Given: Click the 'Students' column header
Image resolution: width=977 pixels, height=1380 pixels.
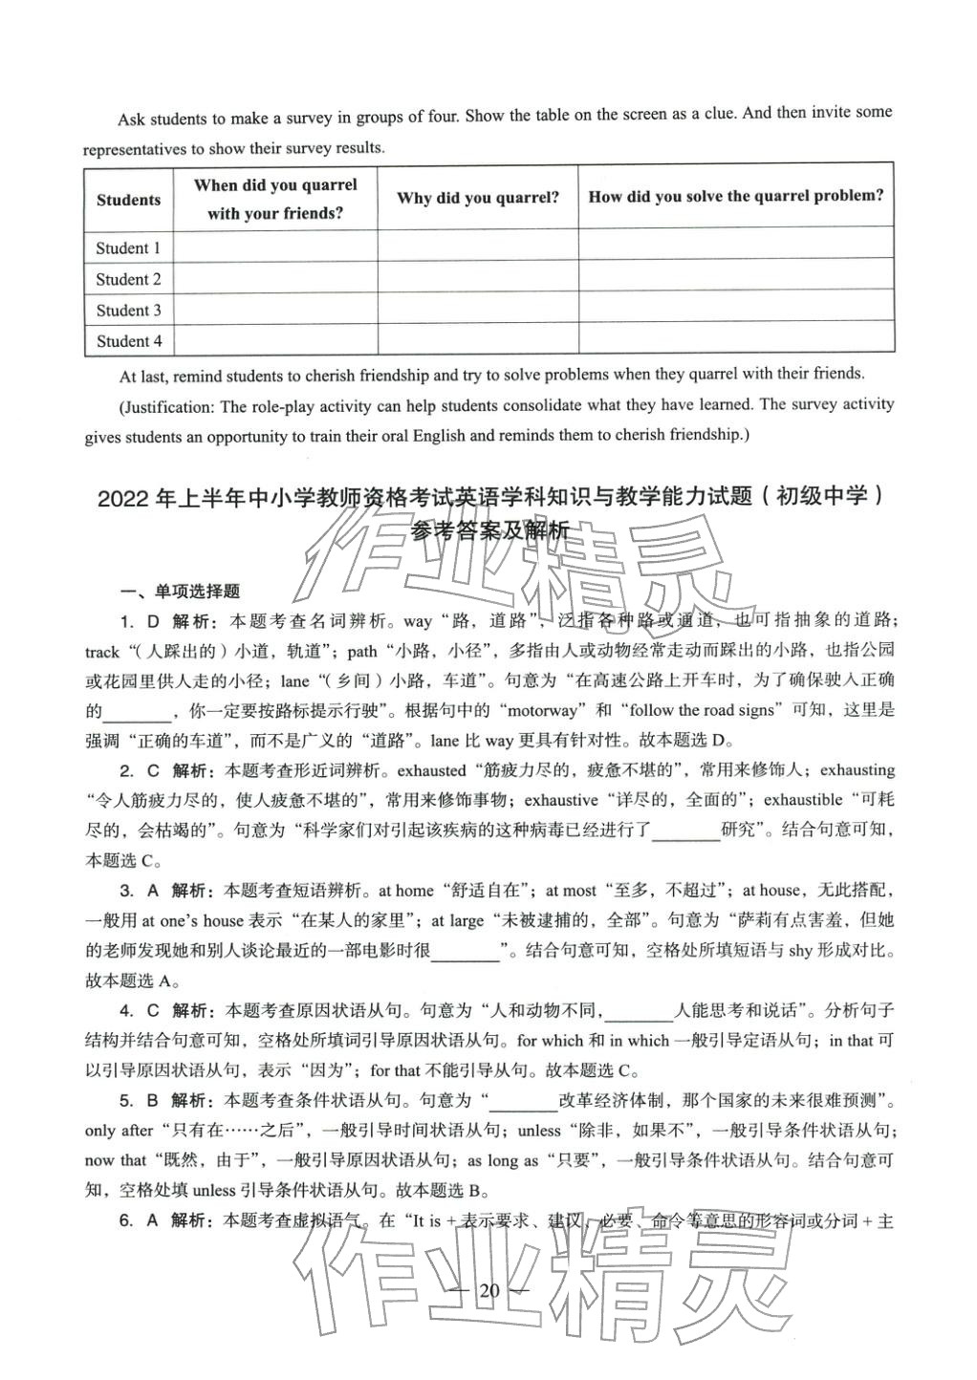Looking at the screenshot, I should (x=128, y=200).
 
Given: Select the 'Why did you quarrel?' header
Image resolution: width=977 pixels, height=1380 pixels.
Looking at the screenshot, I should (x=478, y=198).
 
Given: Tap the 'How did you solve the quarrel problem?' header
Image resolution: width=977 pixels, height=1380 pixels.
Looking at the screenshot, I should (x=735, y=196).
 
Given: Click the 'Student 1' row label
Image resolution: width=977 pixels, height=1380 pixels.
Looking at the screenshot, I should (x=128, y=248).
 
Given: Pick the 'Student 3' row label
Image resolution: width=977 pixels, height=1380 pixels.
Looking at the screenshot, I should (x=128, y=311).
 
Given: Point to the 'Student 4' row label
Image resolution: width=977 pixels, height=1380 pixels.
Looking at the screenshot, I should (x=128, y=341).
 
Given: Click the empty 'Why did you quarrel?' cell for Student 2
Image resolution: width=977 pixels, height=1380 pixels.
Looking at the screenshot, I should (x=478, y=279).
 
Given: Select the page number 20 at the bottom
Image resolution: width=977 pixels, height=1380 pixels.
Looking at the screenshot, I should (x=489, y=1292).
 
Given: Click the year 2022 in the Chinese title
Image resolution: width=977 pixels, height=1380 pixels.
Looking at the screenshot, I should (x=124, y=498).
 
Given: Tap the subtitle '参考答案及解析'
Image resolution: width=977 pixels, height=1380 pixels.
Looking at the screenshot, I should (x=489, y=531).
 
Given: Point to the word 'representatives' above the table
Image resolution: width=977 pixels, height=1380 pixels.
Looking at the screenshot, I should (x=135, y=149).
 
